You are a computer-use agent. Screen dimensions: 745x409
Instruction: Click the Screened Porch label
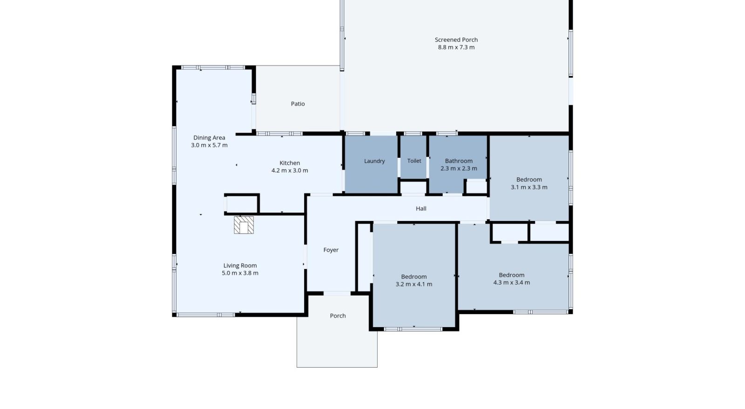tap(456, 40)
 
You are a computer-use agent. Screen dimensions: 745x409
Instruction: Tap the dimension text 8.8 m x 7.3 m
tap(456, 47)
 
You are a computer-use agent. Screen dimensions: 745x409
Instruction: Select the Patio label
tap(298, 104)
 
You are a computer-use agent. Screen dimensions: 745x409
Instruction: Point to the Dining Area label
tap(209, 138)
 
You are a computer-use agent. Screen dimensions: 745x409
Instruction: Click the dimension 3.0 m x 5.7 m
tap(209, 145)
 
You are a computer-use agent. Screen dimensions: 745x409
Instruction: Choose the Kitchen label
tap(290, 163)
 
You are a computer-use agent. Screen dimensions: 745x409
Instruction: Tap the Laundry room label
tap(374, 161)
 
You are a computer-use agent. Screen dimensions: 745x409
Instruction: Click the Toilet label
tap(414, 161)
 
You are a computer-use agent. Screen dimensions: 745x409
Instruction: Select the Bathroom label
tap(459, 161)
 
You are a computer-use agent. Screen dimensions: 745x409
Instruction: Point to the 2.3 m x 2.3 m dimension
tap(459, 168)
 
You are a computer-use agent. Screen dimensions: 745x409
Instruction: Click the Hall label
tap(421, 208)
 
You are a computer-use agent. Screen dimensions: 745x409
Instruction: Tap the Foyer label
tap(331, 250)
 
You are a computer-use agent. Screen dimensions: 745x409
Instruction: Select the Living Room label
tap(240, 266)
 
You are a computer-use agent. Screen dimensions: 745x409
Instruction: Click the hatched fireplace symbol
tap(244, 225)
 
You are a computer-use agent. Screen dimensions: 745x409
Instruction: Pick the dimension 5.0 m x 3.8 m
tap(240, 273)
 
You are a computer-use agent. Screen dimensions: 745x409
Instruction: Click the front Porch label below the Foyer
tap(338, 316)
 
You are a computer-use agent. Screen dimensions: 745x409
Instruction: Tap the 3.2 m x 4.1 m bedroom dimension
tap(414, 284)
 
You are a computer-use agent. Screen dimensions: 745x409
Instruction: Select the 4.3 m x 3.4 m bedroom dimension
tap(512, 283)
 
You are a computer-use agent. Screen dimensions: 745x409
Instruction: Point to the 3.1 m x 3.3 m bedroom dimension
tap(529, 188)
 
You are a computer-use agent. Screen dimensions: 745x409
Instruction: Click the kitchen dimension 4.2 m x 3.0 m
tap(290, 171)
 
